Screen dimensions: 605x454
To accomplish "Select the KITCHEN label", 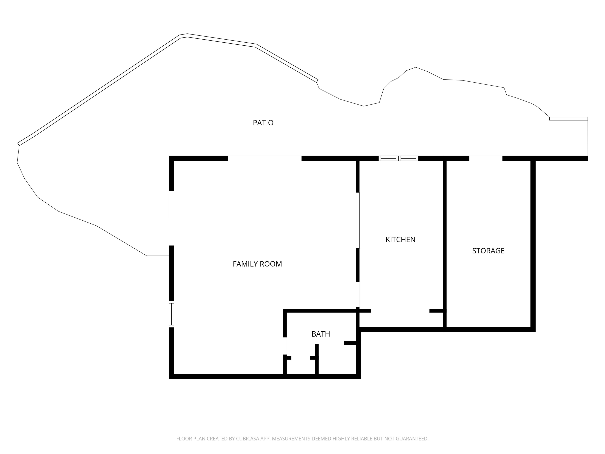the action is coord(401,240).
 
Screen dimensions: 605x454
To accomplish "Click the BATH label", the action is coord(321,334).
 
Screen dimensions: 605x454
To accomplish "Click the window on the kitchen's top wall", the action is coord(398,158).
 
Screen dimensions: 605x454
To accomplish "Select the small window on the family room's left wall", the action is coord(171,314).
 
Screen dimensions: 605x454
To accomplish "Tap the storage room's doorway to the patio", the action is coord(486,158).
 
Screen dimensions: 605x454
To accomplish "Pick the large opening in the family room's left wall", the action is coord(171,218).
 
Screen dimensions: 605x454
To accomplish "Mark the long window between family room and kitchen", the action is coord(358,220).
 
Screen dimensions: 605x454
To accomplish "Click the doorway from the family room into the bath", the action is coord(285,346).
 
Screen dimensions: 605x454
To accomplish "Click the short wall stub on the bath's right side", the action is coord(350,343).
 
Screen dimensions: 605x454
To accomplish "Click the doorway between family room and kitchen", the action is coord(358,294).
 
